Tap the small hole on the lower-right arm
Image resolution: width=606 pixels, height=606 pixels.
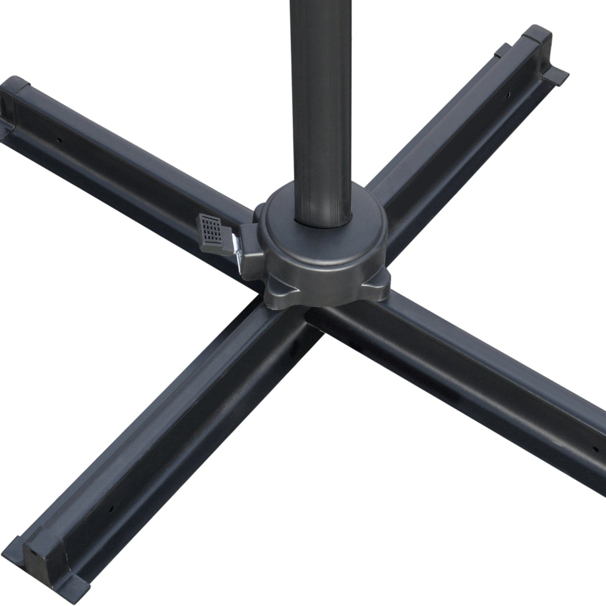(x=594, y=449)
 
